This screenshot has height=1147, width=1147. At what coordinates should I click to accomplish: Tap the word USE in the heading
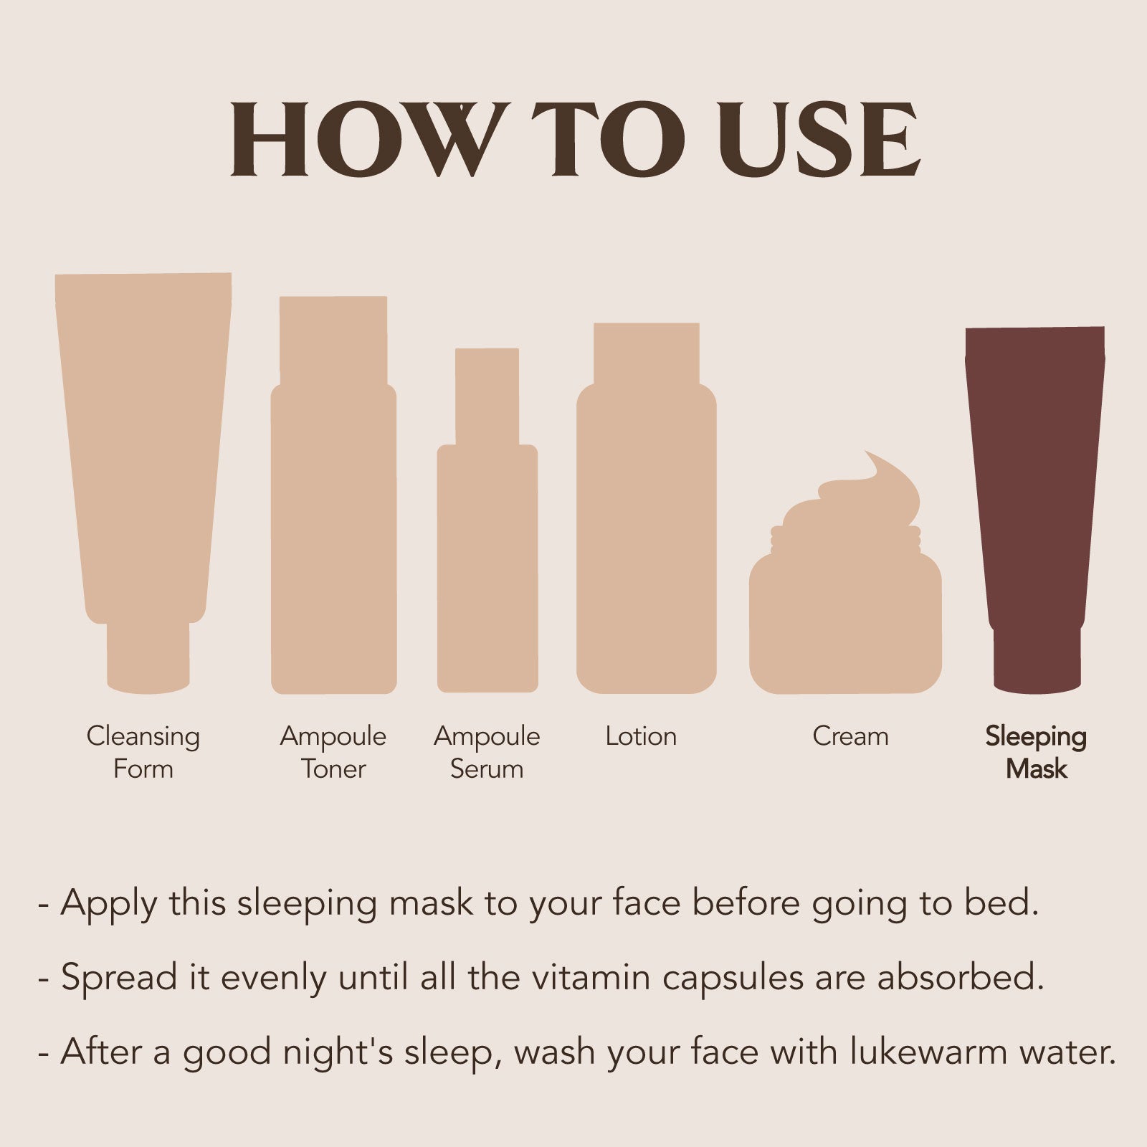point(819,139)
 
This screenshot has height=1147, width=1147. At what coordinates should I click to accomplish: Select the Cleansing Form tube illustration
point(143,483)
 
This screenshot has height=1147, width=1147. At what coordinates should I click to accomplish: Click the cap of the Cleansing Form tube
point(148,658)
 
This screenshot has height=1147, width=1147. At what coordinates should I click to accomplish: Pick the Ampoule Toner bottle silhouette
point(333,495)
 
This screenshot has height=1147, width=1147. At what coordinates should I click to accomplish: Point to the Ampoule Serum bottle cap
point(487,396)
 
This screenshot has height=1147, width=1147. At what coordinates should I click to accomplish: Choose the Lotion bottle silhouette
point(646,508)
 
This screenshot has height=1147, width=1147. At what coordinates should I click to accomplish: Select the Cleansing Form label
point(143,753)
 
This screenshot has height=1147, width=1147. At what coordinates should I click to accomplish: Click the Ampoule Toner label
point(333,753)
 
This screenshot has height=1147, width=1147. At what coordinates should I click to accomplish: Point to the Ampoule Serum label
point(487,753)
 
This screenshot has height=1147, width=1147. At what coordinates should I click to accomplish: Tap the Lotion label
point(641,736)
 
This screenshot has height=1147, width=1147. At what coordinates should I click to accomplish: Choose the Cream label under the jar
point(850,736)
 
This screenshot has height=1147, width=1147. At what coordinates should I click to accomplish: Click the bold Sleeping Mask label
point(1036,753)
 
